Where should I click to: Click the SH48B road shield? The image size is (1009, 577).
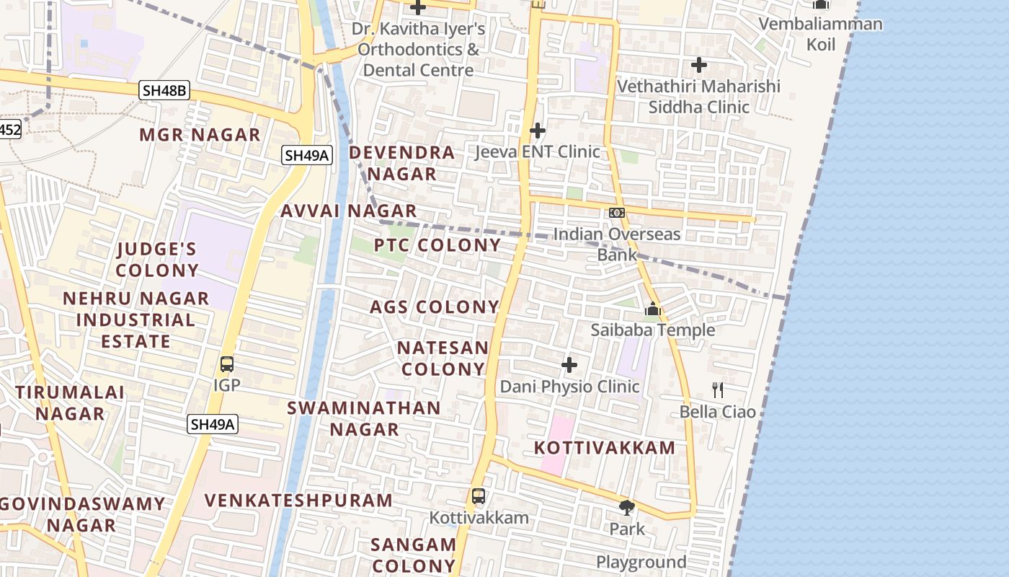[x=165, y=90]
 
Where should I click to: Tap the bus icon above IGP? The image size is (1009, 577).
[x=227, y=364]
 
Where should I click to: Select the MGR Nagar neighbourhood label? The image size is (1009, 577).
[x=200, y=135]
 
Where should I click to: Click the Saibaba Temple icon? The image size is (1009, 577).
[x=653, y=309]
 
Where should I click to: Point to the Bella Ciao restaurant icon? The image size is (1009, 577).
[x=718, y=390]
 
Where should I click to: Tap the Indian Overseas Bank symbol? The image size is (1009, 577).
[x=617, y=213]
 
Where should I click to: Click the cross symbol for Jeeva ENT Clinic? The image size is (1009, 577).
[x=538, y=131]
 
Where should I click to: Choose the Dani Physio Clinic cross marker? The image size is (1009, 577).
[x=569, y=365]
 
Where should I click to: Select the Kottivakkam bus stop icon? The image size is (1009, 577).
[x=479, y=496]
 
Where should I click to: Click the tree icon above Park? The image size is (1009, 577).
[x=627, y=508]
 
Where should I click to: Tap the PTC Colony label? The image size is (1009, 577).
[x=437, y=245]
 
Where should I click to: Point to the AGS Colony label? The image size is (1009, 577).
[x=435, y=307]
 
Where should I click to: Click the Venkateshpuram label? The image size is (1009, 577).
[x=298, y=501]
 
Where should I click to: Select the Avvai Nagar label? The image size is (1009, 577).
[x=349, y=211]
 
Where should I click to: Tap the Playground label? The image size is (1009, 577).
[x=641, y=563]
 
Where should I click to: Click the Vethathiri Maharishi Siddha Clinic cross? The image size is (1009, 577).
[x=698, y=65]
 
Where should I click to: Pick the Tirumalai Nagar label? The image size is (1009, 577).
[x=70, y=403]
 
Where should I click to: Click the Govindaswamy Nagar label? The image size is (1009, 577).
[x=82, y=514]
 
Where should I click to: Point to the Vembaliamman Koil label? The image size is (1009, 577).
[x=820, y=34]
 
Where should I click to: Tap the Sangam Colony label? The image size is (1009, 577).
[x=414, y=555]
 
